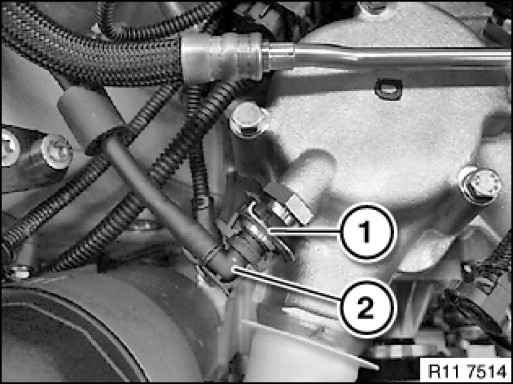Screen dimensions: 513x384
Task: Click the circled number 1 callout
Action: click(367, 232)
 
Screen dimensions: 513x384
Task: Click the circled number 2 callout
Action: click(367, 308)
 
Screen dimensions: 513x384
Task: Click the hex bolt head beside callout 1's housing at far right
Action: click(480, 186)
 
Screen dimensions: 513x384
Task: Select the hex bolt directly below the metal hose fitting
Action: click(248, 121)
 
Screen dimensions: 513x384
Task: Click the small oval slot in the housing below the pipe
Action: click(389, 89)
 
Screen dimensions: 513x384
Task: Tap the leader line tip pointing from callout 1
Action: click(269, 231)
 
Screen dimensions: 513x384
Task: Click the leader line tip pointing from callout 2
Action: click(233, 268)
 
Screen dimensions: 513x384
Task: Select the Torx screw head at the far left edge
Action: click(8, 147)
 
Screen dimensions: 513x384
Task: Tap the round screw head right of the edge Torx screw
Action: click(56, 151)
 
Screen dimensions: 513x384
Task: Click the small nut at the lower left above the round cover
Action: click(19, 272)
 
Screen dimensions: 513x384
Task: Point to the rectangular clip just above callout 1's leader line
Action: click(288, 203)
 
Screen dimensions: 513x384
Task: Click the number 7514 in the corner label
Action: click(487, 372)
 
